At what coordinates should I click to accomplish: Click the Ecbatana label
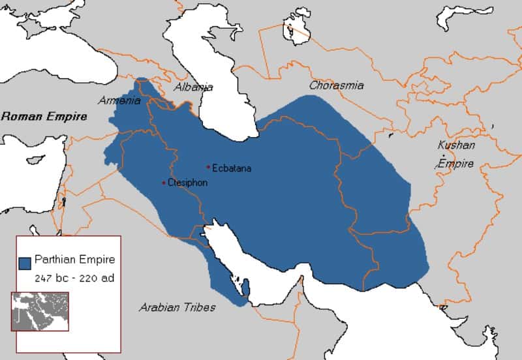point(232,168)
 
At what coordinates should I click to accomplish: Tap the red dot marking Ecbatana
point(208,166)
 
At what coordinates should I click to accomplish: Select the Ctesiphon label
point(187,183)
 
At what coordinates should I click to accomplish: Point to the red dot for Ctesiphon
point(164,183)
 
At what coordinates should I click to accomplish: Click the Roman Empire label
point(44,117)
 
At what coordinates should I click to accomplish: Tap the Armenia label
point(119,100)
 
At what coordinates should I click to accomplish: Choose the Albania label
point(193,87)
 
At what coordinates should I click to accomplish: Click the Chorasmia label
point(336,85)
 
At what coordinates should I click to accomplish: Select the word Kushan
point(457,145)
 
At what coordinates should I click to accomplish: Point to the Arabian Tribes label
point(177,307)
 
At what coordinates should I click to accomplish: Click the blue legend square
point(25,263)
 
